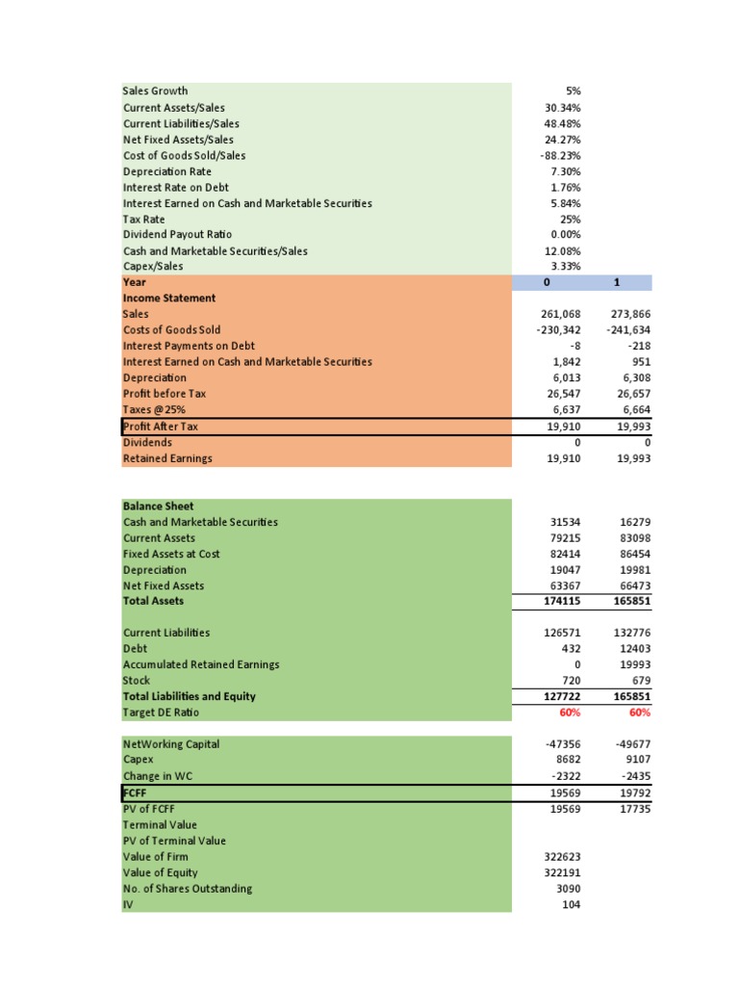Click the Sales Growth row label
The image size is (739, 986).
[155, 91]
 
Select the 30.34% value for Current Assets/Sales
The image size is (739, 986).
[562, 108]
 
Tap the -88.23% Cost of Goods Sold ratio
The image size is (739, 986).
[560, 155]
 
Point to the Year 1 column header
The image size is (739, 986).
[617, 283]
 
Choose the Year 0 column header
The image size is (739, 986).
[547, 283]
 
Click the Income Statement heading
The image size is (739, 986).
[169, 298]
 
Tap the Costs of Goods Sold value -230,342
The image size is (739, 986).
[557, 330]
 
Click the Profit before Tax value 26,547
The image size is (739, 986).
[563, 394]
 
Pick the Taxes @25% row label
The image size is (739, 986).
[153, 410]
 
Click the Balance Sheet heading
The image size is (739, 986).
[158, 506]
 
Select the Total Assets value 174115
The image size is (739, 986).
[564, 601]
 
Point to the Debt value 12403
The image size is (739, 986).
[634, 649]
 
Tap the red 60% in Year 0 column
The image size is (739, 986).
[569, 713]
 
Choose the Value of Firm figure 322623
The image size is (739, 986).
[564, 857]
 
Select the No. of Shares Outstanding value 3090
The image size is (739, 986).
[568, 889]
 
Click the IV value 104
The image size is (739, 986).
[571, 904]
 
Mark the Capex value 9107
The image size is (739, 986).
[637, 760]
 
